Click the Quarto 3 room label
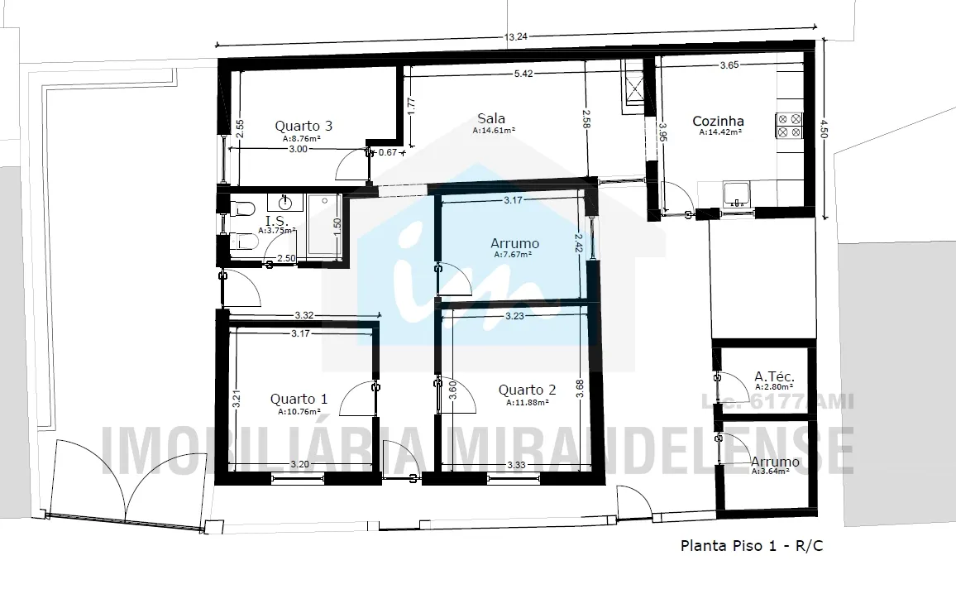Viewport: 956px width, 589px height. point(304,127)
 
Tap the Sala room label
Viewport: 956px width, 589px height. point(490,118)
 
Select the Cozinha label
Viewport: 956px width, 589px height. point(718,121)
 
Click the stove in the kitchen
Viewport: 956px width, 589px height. point(788,126)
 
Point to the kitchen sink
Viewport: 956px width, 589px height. point(737,194)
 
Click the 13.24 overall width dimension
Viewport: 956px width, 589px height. point(516,36)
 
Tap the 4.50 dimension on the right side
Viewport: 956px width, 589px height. point(824,129)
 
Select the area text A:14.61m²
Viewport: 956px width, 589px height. point(494,131)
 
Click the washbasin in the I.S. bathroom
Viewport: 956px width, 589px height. point(285,202)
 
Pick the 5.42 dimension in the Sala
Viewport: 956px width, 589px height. point(523,74)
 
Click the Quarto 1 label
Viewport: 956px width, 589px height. point(299,399)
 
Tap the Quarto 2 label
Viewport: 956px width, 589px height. point(528,390)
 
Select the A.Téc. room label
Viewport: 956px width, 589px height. point(774,376)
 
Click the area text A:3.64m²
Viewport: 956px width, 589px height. point(772,472)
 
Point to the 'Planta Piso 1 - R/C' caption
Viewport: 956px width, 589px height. point(752,545)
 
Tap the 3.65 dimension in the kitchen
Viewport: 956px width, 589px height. point(729,65)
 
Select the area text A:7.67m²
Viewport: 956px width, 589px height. point(513,255)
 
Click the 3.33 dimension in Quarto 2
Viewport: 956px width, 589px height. point(516,465)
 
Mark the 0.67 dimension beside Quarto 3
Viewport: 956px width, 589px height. point(388,152)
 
